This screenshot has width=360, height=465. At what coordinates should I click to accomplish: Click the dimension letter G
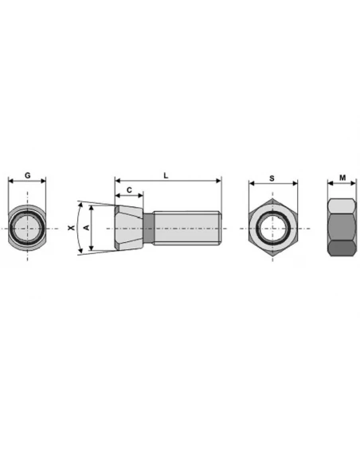click(x=27, y=174)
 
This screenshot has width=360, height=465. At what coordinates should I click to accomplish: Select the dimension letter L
click(x=165, y=174)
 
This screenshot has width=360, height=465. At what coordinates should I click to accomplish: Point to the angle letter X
click(x=71, y=228)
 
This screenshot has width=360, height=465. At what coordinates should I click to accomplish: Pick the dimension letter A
click(x=86, y=228)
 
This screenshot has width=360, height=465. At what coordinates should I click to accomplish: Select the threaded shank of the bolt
click(x=188, y=228)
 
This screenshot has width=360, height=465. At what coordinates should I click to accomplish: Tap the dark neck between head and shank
click(x=148, y=228)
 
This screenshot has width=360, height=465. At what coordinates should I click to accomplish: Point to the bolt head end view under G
click(x=27, y=229)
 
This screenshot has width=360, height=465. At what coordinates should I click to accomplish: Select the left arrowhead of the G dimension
click(x=10, y=181)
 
